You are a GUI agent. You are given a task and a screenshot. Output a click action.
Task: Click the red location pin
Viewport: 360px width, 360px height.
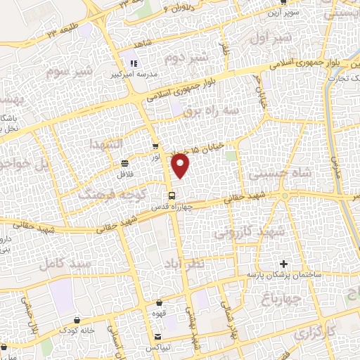click(x=181, y=165)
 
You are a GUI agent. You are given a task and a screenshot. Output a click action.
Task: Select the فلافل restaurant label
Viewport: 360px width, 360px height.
click(x=125, y=171)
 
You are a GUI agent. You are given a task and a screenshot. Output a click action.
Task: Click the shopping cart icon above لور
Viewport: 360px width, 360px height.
click(x=155, y=147)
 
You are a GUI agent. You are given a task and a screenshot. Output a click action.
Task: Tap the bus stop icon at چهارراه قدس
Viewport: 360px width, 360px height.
click(x=171, y=196)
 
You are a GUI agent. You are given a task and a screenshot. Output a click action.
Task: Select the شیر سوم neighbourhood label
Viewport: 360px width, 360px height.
click(x=69, y=72)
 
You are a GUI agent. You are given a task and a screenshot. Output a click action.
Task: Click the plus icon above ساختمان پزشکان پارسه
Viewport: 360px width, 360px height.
click(x=283, y=264)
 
